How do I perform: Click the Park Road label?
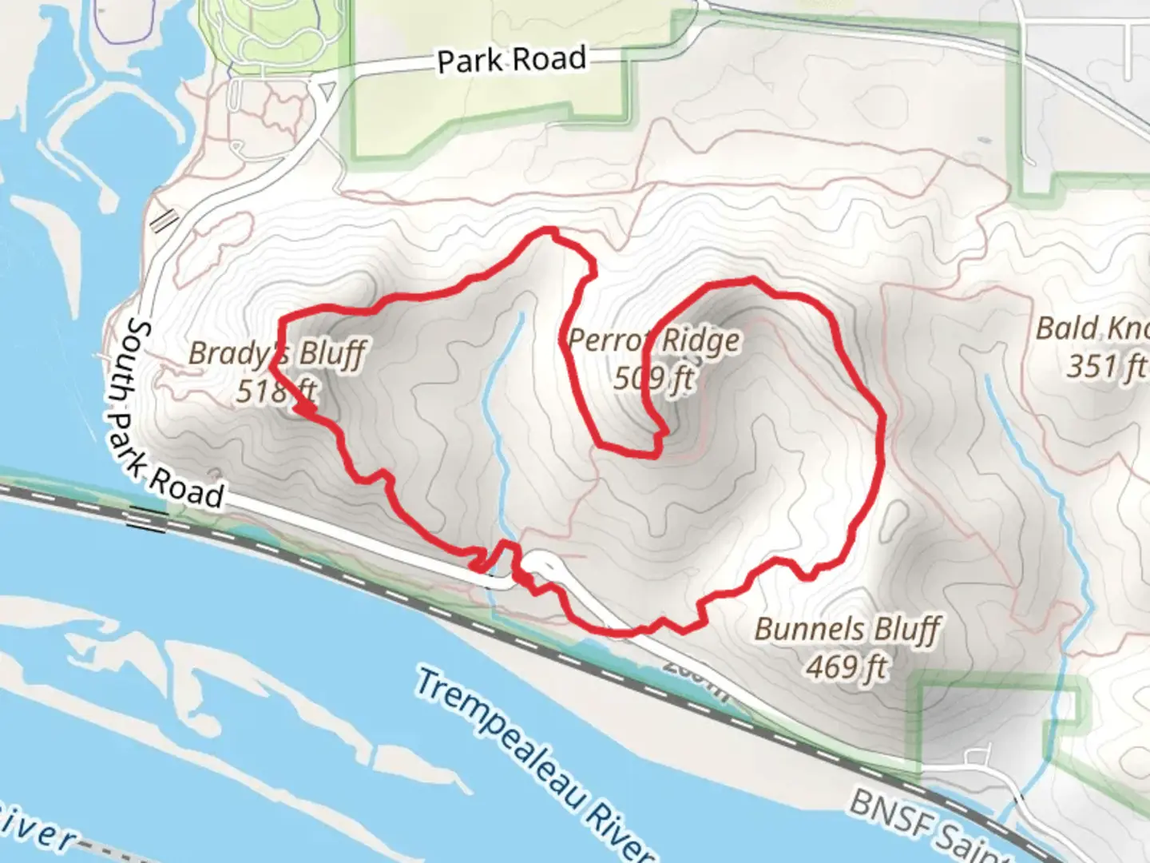coord(511,60)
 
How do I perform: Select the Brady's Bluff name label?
coord(277,352)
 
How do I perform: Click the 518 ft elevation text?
coord(276,391)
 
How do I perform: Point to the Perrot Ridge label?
coord(653,341)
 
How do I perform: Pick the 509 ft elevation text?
coord(653,377)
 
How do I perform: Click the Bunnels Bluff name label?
coord(847,629)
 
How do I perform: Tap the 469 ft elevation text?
coord(847,666)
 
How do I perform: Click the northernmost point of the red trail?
coord(549,230)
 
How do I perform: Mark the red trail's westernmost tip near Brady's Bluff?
coord(272,367)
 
